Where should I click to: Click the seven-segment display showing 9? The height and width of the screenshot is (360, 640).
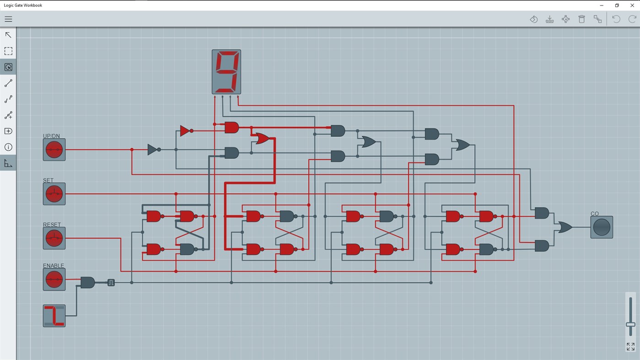(226, 72)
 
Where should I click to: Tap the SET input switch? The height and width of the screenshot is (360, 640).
(54, 194)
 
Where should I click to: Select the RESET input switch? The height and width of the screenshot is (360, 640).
(54, 238)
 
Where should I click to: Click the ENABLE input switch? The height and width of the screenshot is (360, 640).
(54, 279)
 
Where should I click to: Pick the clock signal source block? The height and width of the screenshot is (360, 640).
(54, 316)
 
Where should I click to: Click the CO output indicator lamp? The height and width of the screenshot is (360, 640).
(601, 227)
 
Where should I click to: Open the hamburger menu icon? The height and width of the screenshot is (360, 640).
(8, 19)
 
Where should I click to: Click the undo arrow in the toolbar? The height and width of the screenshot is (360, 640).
(616, 19)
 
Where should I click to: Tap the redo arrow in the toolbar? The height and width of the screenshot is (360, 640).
(632, 19)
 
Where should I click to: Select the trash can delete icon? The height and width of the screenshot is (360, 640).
(581, 19)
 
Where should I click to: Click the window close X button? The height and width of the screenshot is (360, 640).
(632, 5)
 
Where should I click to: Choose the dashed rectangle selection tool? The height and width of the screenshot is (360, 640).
(8, 51)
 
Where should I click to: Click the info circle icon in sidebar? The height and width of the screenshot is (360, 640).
(8, 147)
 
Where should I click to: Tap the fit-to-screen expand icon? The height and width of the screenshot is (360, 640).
(630, 347)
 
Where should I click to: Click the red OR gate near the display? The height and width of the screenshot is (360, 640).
(262, 139)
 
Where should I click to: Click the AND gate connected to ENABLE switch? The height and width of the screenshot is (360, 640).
(87, 282)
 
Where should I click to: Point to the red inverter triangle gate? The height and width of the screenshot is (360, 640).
(185, 131)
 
